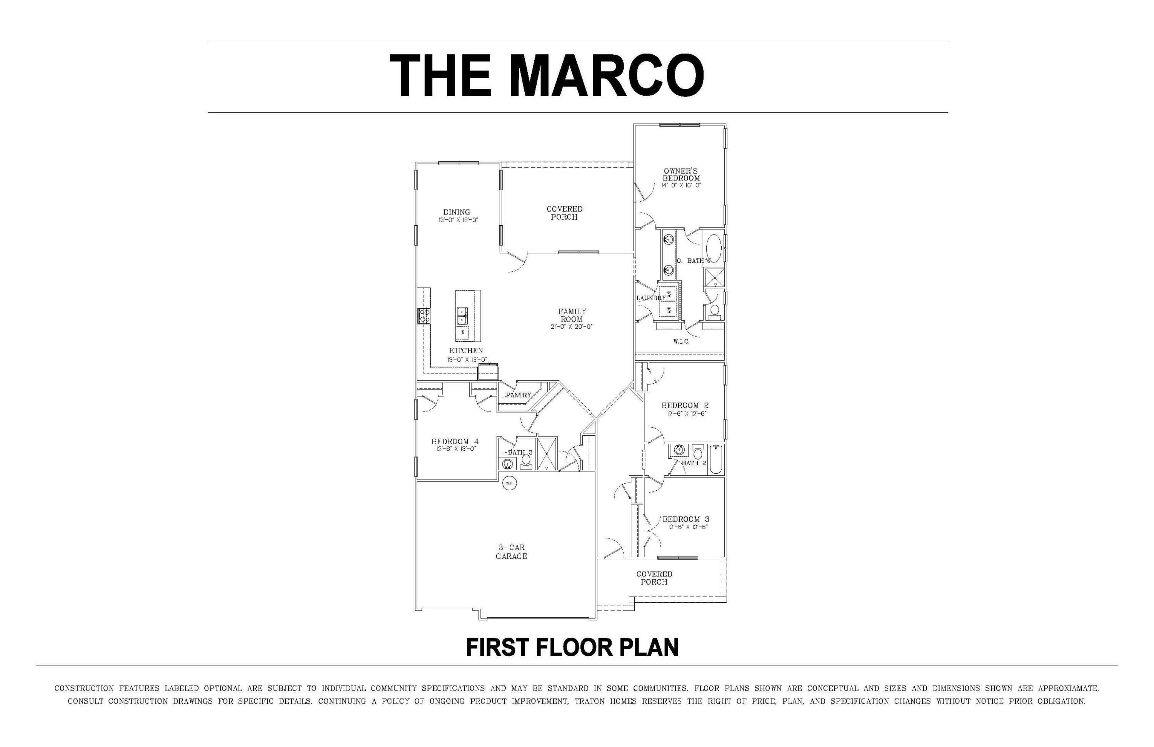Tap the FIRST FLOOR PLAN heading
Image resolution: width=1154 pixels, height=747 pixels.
click(x=572, y=648)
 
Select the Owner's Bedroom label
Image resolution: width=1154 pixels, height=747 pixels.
click(x=681, y=175)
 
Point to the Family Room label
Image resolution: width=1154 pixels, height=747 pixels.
click(x=572, y=315)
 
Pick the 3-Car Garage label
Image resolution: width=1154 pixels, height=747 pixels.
click(x=511, y=552)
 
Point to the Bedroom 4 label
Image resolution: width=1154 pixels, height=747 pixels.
click(x=455, y=441)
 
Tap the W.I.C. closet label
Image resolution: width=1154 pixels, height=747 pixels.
click(x=681, y=341)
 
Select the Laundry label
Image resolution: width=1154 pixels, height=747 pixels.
click(x=651, y=298)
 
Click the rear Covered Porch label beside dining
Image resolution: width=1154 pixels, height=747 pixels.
click(x=564, y=213)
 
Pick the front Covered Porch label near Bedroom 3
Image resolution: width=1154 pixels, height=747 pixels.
click(x=654, y=578)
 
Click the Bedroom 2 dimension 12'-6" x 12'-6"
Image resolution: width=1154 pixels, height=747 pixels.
click(x=687, y=414)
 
